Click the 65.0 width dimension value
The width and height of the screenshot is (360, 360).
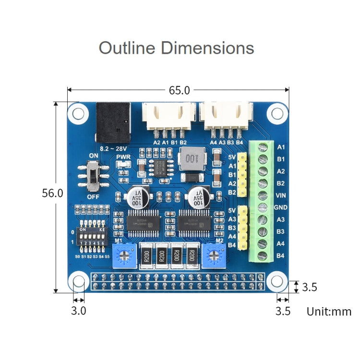179,90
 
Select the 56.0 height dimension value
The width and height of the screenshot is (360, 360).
53,193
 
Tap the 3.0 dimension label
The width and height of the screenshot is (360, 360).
78,311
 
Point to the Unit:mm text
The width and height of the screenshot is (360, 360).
329,312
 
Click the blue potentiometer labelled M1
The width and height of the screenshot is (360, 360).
123,254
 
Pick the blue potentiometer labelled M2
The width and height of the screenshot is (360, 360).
214,254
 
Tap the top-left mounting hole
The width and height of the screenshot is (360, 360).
77,113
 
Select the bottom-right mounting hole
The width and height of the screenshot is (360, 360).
277,281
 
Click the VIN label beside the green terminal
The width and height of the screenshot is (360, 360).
281,195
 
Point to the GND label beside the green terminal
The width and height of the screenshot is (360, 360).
281,208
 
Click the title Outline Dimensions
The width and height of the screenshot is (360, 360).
176,48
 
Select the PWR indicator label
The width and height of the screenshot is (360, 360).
123,156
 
